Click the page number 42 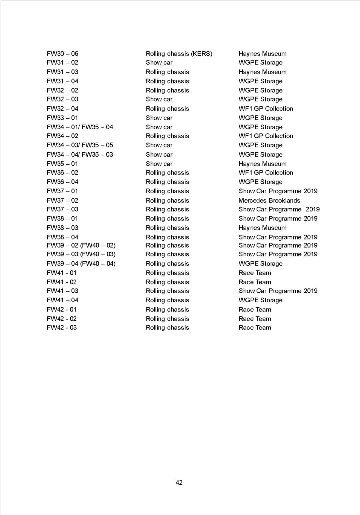coord(179,482)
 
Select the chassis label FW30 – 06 coord(62,54)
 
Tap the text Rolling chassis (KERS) coord(179,54)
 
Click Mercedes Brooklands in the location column coord(269,200)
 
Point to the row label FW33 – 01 coord(62,118)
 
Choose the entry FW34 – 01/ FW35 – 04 coord(80,127)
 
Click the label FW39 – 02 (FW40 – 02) coord(81,245)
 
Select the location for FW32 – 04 coord(266,109)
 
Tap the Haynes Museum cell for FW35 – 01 coord(262,164)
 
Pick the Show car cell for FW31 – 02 coord(159,63)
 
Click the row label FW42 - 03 coord(62,328)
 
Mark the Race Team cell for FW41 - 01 coord(255,273)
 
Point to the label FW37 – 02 coord(62,200)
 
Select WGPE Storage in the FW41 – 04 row coord(260,300)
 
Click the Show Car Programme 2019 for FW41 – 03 coord(278,291)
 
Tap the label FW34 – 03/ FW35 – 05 coord(80,145)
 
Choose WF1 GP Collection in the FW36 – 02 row coord(266,173)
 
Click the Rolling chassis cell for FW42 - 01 coord(167,310)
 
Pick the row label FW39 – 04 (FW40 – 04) coord(81,264)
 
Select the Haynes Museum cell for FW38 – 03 coord(262,228)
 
